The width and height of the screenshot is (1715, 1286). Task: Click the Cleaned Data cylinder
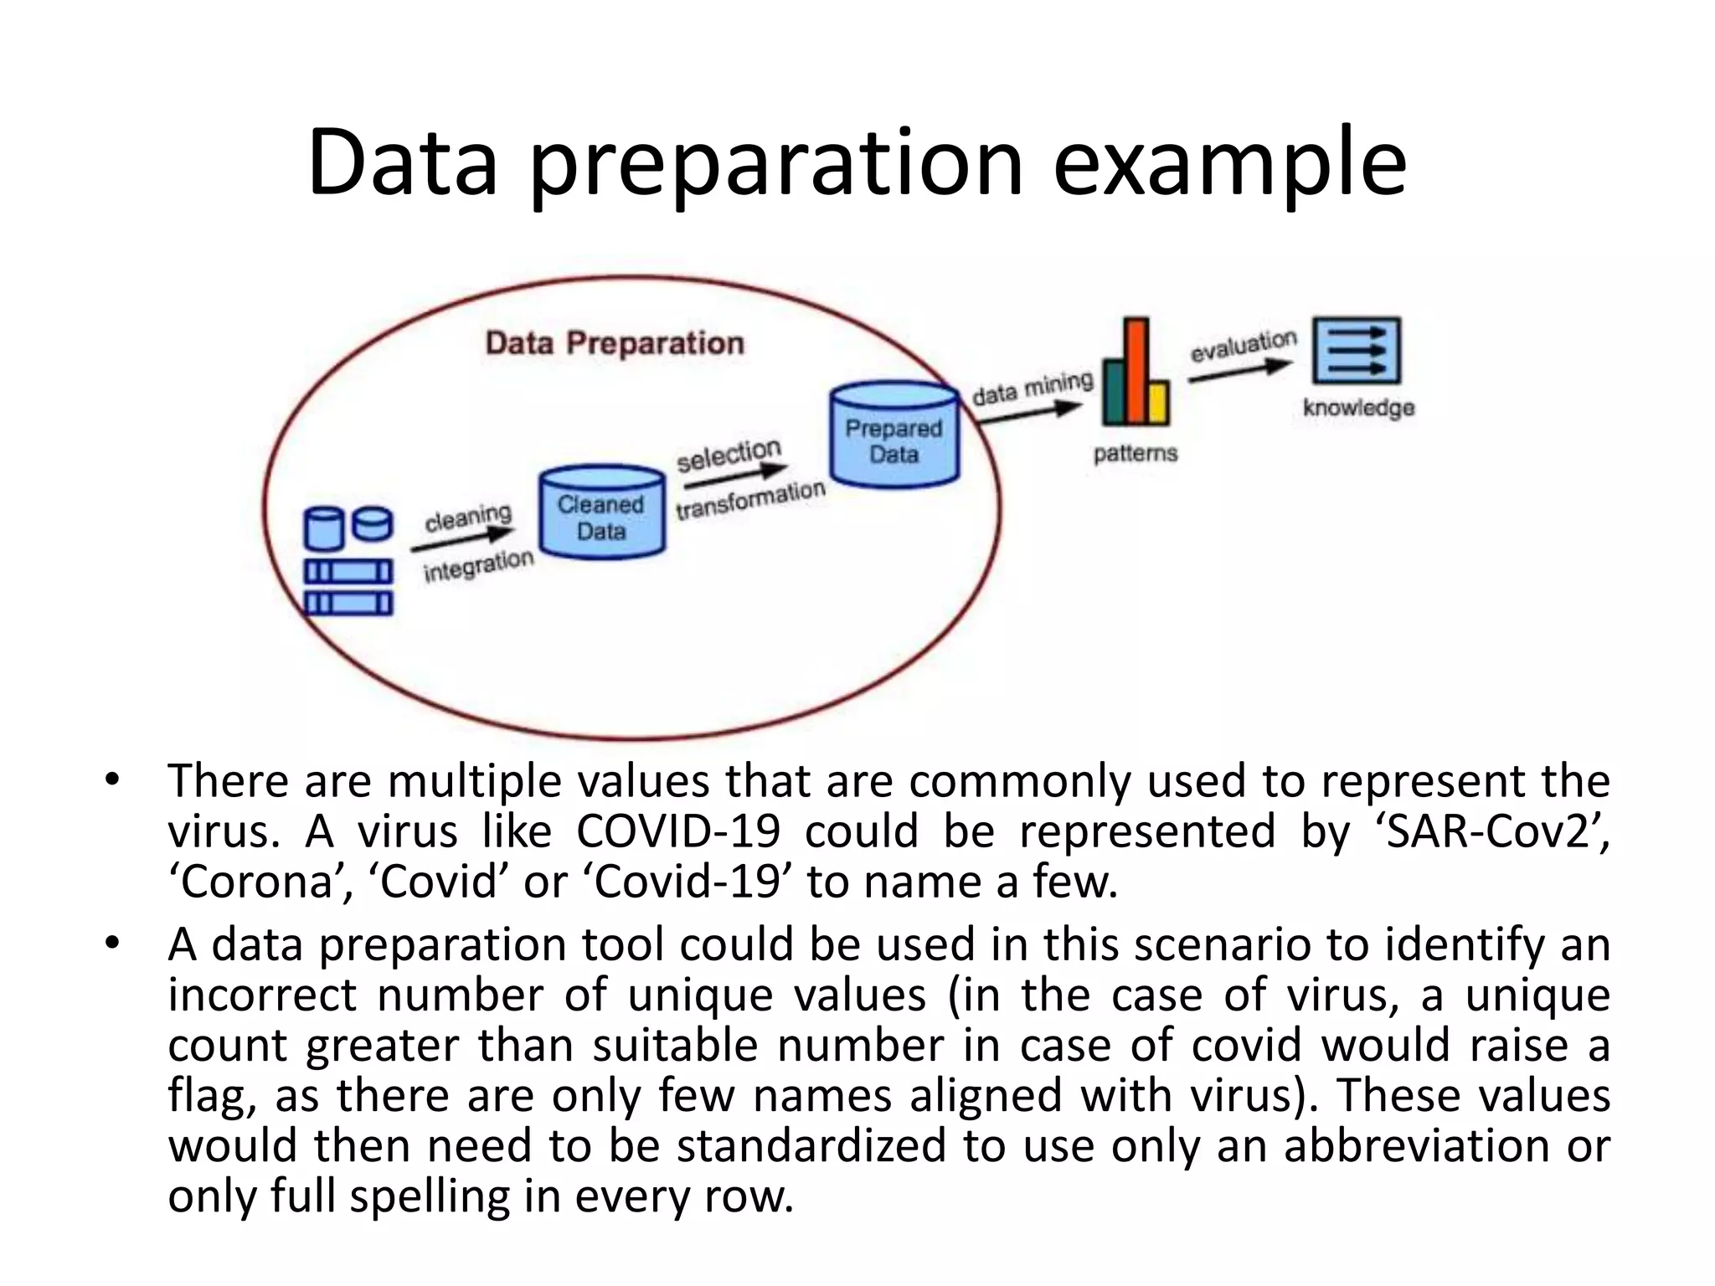[601, 512]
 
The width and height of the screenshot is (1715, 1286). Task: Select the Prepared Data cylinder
[894, 435]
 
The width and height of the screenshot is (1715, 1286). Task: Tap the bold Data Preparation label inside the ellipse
[614, 343]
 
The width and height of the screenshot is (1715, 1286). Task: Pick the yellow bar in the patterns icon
[1159, 403]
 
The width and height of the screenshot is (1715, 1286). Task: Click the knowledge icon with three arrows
[1356, 351]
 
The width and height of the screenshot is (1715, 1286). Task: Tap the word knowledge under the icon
[1358, 408]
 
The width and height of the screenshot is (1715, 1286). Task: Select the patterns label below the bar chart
[1135, 453]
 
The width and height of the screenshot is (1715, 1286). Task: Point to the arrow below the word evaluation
[1240, 371]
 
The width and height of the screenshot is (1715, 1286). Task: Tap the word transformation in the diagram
[750, 499]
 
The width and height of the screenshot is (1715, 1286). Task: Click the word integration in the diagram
[478, 566]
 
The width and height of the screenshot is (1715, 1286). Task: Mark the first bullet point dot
[112, 780]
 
